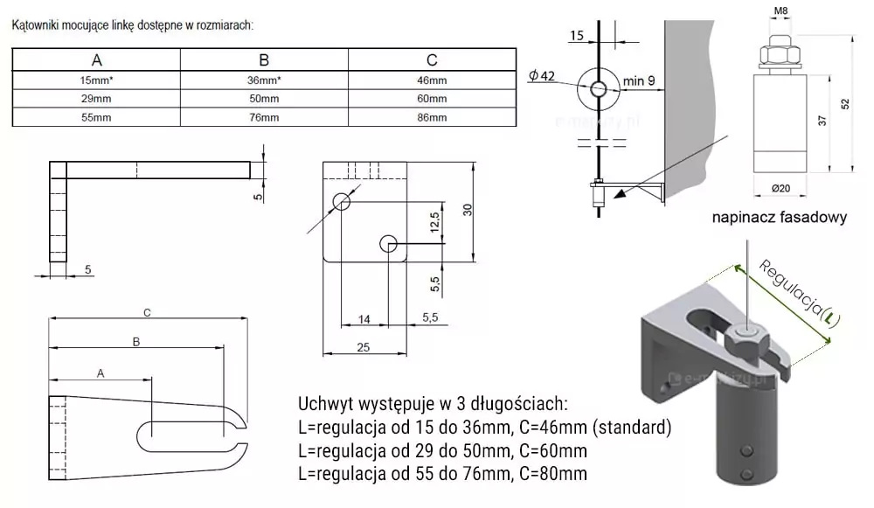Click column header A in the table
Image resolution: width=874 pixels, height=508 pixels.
97,60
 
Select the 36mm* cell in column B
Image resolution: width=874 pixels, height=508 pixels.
264,80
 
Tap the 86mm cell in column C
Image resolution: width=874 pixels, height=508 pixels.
432,117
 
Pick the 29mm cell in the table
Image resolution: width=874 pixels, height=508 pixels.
96,99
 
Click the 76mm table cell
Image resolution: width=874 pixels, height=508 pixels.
264,117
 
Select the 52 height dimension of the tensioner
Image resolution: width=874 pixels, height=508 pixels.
844,103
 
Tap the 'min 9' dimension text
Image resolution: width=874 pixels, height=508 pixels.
641,82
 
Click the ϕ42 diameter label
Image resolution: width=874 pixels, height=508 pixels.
542,76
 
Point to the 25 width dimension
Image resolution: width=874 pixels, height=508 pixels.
364,347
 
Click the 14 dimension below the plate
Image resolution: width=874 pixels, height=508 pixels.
364,320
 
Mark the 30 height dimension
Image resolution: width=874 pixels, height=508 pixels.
468,210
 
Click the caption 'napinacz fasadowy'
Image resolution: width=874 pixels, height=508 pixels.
779,218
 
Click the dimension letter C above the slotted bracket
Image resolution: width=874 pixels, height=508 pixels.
147,312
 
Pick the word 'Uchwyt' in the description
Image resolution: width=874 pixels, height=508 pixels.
326,405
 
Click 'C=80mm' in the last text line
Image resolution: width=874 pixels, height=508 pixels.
550,473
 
